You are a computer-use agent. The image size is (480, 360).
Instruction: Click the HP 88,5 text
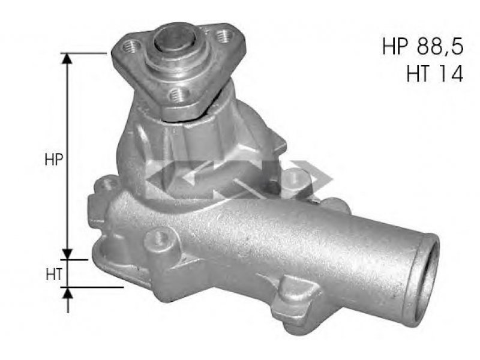click(423, 47)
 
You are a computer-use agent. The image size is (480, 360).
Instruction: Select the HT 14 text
click(435, 74)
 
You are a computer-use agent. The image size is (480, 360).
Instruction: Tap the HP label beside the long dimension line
click(54, 160)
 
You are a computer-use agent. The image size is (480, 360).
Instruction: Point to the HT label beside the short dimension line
click(54, 274)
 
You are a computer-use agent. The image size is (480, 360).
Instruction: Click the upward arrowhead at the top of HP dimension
click(67, 58)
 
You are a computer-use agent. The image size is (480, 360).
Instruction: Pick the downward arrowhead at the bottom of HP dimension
click(67, 254)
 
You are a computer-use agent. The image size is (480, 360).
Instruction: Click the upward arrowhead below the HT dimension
click(68, 293)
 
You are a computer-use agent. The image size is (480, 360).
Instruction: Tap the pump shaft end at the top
click(175, 38)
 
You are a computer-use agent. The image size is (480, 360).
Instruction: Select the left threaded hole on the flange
click(131, 47)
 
